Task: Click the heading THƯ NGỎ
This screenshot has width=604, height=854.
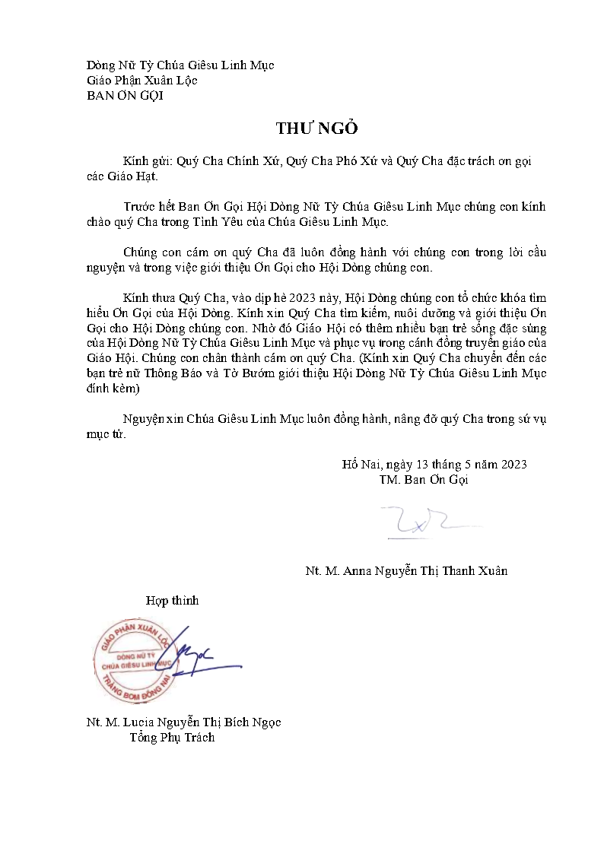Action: [x=316, y=129]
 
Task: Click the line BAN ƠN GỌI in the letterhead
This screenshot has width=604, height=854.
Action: [x=126, y=96]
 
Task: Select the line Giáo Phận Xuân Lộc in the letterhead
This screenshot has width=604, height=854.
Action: [x=142, y=81]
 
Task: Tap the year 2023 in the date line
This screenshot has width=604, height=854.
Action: [x=513, y=465]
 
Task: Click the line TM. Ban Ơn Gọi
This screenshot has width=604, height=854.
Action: [x=424, y=480]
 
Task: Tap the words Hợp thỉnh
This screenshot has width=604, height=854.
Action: [x=172, y=601]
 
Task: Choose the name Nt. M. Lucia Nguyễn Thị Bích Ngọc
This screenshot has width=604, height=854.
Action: [x=184, y=722]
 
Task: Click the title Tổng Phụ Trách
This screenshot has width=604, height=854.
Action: [x=172, y=737]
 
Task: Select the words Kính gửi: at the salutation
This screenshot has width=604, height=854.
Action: [x=148, y=162]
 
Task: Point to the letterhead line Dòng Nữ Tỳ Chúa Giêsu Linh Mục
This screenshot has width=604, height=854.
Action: [x=180, y=66]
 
